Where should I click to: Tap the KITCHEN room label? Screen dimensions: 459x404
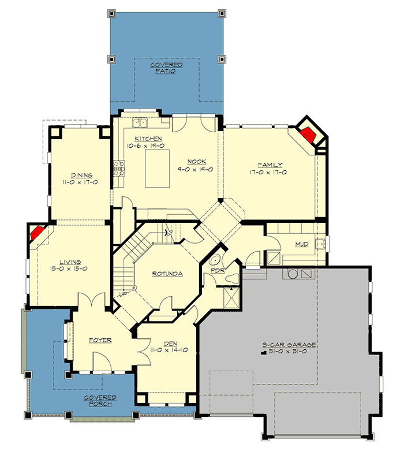[x=148, y=139]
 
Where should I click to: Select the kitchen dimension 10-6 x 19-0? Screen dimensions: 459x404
[x=148, y=147]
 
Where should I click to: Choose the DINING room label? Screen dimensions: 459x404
[x=82, y=175]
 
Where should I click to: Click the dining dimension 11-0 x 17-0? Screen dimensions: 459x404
[x=82, y=182]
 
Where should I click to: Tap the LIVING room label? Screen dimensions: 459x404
[x=69, y=262]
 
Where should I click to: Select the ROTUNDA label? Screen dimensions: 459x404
[x=167, y=274]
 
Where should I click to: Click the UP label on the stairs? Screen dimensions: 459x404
[x=122, y=294]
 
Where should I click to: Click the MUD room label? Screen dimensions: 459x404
[x=302, y=244]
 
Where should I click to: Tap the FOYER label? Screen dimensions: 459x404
[x=100, y=340]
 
